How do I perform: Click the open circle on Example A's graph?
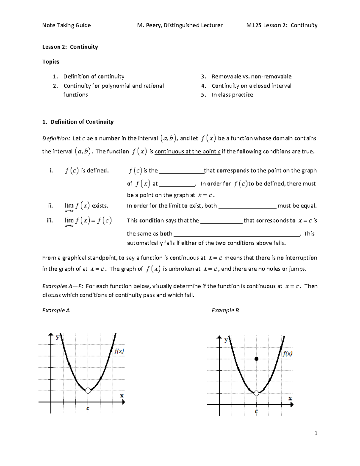[x=88, y=390]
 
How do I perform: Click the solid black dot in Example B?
[x=256, y=359]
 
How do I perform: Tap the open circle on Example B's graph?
[x=256, y=393]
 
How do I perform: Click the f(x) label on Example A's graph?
[x=119, y=351]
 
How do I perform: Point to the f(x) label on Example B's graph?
[x=287, y=354]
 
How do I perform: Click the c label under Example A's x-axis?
[x=88, y=408]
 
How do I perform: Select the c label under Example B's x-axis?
[x=256, y=411]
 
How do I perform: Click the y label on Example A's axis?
[x=58, y=337]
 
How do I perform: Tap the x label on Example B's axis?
[x=290, y=398]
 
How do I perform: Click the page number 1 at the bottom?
[x=316, y=433]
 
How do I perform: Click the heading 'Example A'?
[x=56, y=310]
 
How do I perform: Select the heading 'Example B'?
[x=225, y=310]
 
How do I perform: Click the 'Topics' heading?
[x=51, y=62]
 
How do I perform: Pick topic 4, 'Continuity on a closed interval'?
[x=251, y=86]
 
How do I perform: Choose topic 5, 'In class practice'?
[x=232, y=95]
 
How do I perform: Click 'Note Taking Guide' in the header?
[x=66, y=25]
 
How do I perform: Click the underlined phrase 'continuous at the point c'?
[x=187, y=152]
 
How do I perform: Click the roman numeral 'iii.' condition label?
[x=50, y=221]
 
